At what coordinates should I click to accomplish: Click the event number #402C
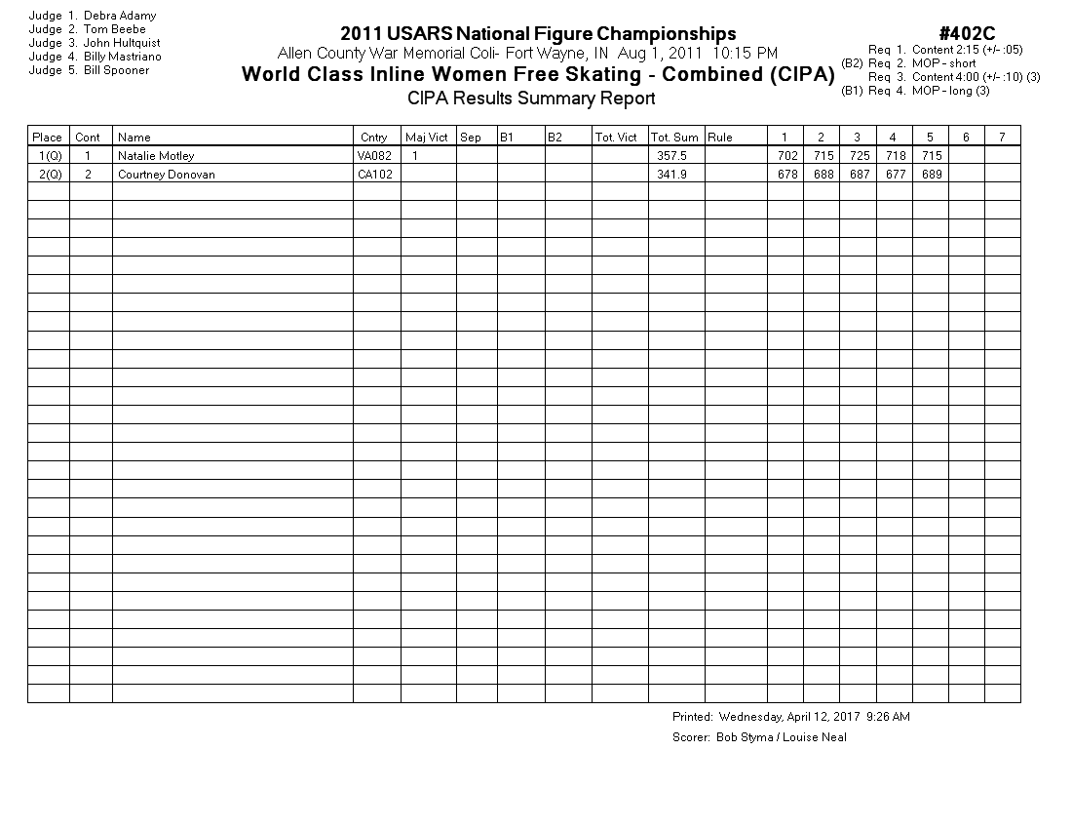click(x=967, y=34)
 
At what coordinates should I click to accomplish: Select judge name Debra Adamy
click(x=119, y=16)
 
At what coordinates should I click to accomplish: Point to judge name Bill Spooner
click(x=116, y=70)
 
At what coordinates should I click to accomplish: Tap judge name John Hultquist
click(x=122, y=43)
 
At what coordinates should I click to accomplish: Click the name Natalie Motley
click(x=156, y=155)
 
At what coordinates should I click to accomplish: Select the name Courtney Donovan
click(x=166, y=175)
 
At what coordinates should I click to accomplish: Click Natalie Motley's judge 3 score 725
click(x=857, y=155)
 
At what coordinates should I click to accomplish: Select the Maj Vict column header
click(x=426, y=138)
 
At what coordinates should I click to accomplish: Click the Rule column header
click(x=720, y=138)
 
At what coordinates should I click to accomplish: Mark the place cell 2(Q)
click(x=50, y=175)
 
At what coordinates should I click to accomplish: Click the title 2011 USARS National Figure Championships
click(x=538, y=35)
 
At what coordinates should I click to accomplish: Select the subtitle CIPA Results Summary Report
click(x=531, y=98)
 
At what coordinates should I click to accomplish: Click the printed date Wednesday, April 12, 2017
click(x=783, y=717)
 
